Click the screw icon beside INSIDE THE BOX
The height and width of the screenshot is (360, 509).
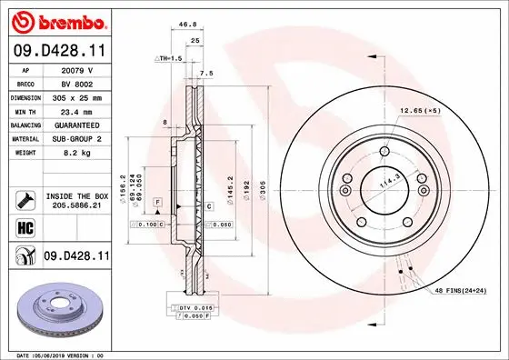coord(25,199)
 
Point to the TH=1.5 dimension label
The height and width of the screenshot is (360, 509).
coord(169,57)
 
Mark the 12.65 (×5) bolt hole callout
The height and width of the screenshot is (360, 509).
coord(420,110)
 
